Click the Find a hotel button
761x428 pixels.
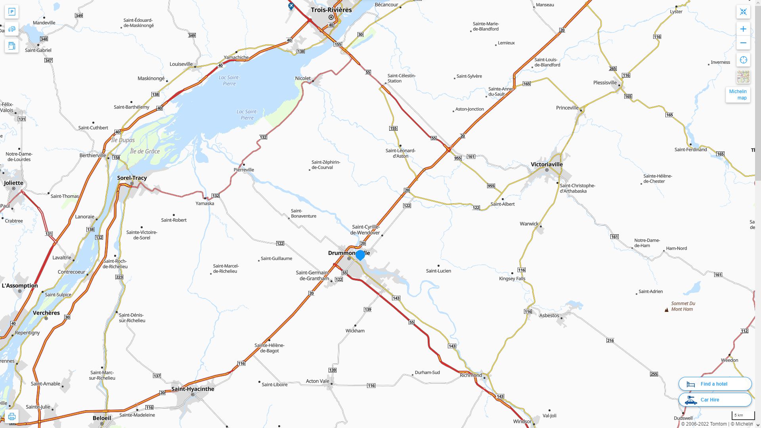(715, 384)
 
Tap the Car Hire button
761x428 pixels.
(715, 399)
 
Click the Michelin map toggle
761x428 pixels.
(738, 95)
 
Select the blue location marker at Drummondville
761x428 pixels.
(360, 255)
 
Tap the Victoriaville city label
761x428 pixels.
(547, 164)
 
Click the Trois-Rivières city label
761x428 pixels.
(331, 10)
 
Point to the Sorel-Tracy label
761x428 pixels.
(132, 178)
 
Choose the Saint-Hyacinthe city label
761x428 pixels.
(193, 389)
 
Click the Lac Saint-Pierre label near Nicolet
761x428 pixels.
(247, 115)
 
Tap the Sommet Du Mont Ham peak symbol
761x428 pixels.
(666, 310)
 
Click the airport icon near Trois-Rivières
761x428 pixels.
(291, 6)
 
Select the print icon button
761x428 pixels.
(11, 417)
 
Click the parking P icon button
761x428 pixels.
(11, 11)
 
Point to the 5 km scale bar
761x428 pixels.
(742, 416)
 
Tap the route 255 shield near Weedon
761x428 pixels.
(654, 374)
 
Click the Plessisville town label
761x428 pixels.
(605, 82)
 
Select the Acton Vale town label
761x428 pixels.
(317, 381)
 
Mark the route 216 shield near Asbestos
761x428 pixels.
(610, 340)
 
